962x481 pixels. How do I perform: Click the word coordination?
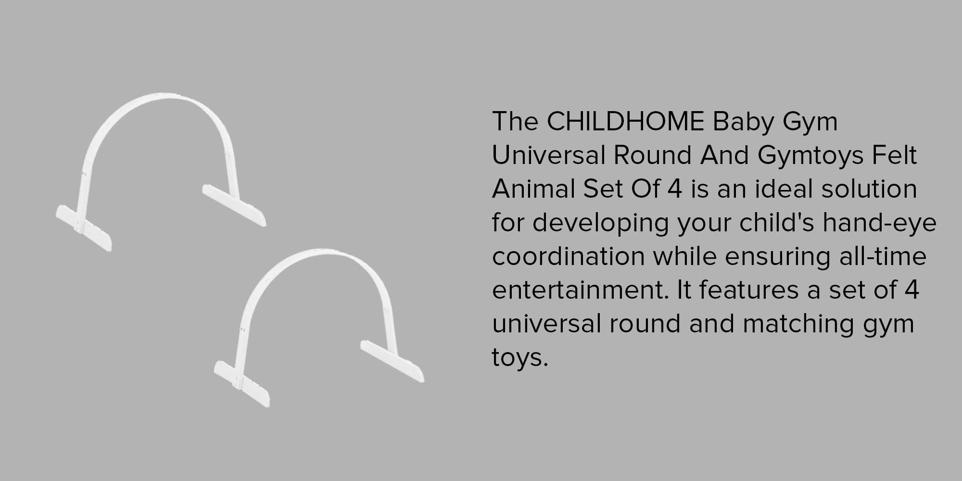(x=568, y=256)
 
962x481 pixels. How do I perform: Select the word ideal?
(x=784, y=189)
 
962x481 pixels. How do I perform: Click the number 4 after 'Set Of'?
(x=674, y=189)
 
